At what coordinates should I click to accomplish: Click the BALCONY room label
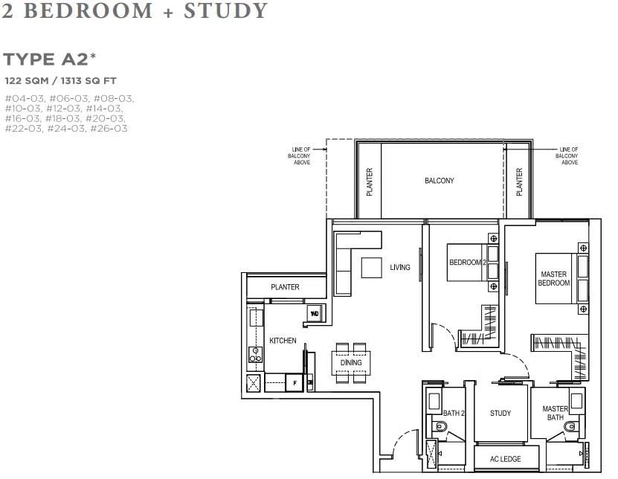[x=439, y=181]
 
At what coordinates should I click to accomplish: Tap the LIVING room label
[x=399, y=267]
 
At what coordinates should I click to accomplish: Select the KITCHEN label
[x=283, y=340]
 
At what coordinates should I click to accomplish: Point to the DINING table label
[x=351, y=362]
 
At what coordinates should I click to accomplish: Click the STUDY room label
[x=500, y=413]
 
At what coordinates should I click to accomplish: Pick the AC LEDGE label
[x=505, y=459]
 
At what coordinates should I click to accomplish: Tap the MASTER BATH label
[x=555, y=413]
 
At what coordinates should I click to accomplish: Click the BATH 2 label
[x=454, y=413]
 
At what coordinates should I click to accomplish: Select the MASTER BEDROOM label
[x=554, y=278]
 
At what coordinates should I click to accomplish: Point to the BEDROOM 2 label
[x=468, y=262]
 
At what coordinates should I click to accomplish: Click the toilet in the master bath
[x=570, y=427]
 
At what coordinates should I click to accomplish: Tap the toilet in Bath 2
[x=440, y=427]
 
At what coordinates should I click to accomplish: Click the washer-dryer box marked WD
[x=315, y=314]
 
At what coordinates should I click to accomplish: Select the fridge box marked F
[x=294, y=383]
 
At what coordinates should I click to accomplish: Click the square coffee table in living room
[x=371, y=268]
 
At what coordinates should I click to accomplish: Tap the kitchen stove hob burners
[x=255, y=355]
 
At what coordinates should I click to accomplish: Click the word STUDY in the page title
[x=226, y=10]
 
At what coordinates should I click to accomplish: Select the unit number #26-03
[x=109, y=129]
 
